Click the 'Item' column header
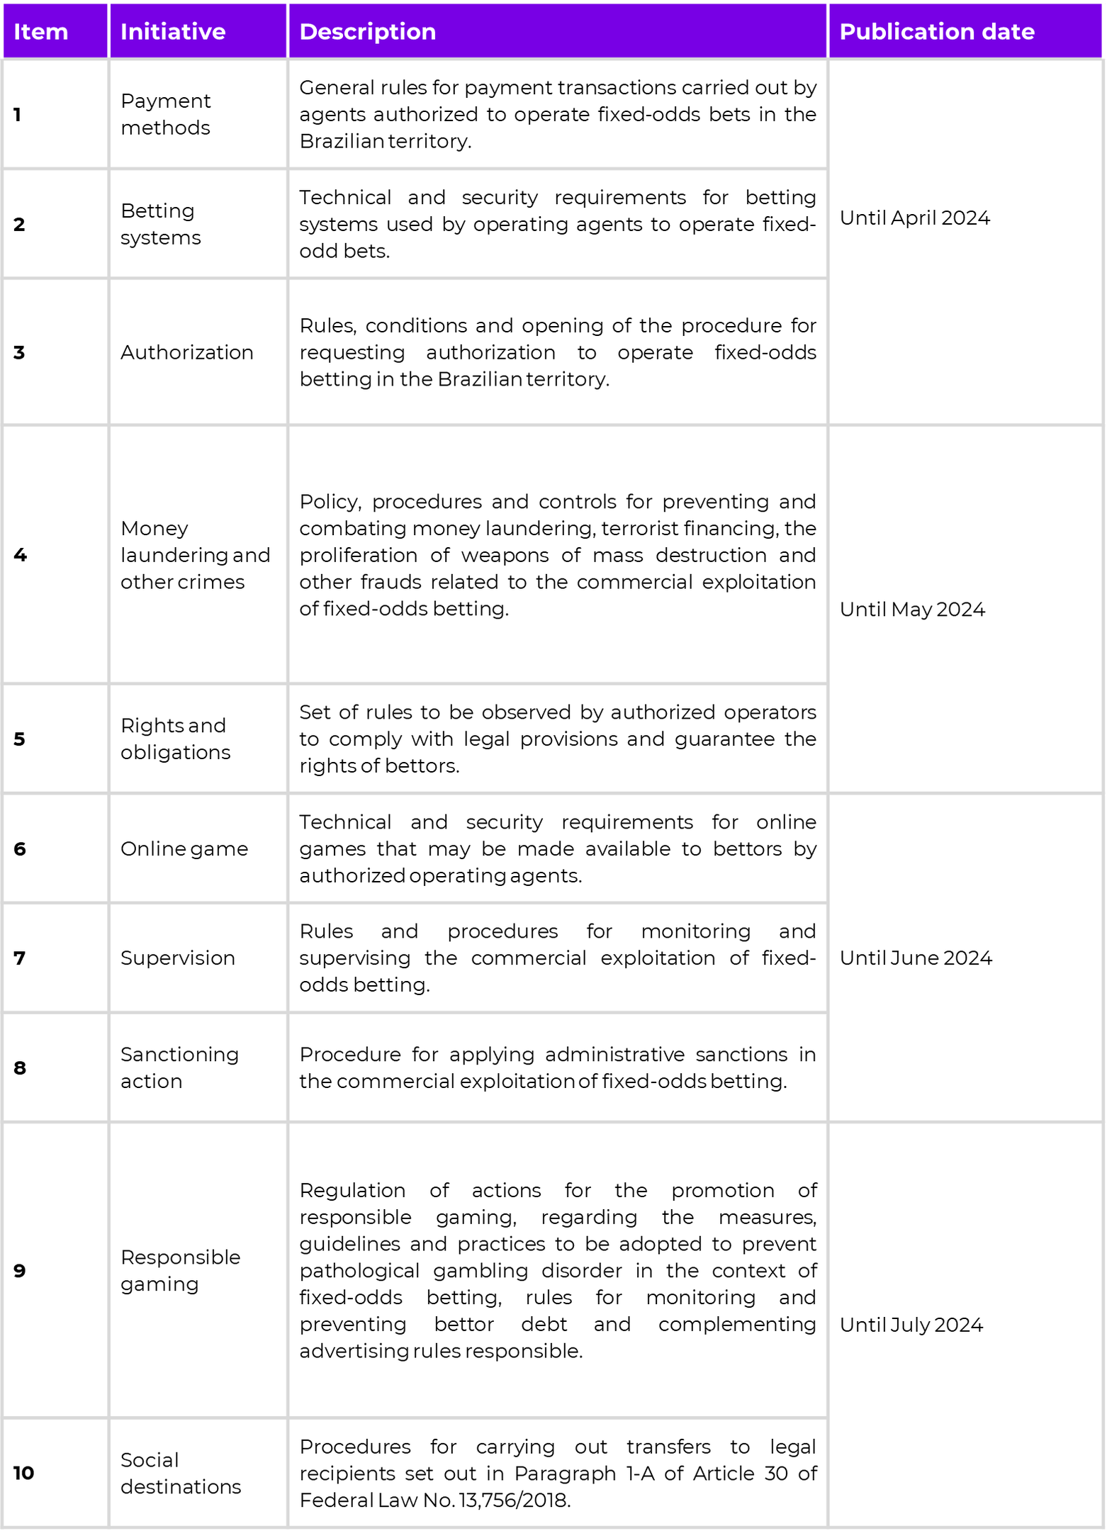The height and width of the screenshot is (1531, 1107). click(40, 32)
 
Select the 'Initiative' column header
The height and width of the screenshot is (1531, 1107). click(172, 32)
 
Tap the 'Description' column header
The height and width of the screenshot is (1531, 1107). click(367, 32)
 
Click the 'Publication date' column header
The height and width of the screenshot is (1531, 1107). click(936, 32)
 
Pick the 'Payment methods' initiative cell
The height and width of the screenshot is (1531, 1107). click(165, 114)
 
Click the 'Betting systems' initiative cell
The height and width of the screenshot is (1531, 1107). click(160, 224)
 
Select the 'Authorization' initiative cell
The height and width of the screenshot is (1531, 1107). click(186, 352)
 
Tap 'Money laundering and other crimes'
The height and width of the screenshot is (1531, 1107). click(195, 555)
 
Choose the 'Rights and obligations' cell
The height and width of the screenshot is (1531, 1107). click(175, 739)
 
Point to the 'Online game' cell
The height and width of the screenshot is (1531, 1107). click(184, 848)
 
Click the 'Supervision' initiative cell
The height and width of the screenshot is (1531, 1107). click(177, 958)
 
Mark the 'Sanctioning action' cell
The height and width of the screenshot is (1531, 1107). click(179, 1067)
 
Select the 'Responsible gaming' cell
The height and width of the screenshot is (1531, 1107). click(180, 1270)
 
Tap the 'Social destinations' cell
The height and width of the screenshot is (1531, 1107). click(180, 1473)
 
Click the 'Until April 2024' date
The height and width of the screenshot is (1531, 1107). click(914, 218)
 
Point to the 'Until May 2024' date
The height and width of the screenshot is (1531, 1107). click(912, 610)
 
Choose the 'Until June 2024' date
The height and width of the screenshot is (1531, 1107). click(916, 958)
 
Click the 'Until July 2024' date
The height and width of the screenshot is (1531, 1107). click(911, 1325)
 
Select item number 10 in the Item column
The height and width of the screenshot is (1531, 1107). click(23, 1473)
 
